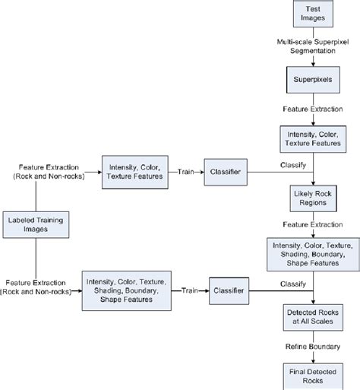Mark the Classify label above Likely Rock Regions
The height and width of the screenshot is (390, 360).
[292, 165]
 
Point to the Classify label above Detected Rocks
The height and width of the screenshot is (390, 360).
[292, 283]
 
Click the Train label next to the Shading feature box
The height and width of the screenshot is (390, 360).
[188, 290]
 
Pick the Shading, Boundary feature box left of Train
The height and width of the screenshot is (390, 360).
[125, 290]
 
